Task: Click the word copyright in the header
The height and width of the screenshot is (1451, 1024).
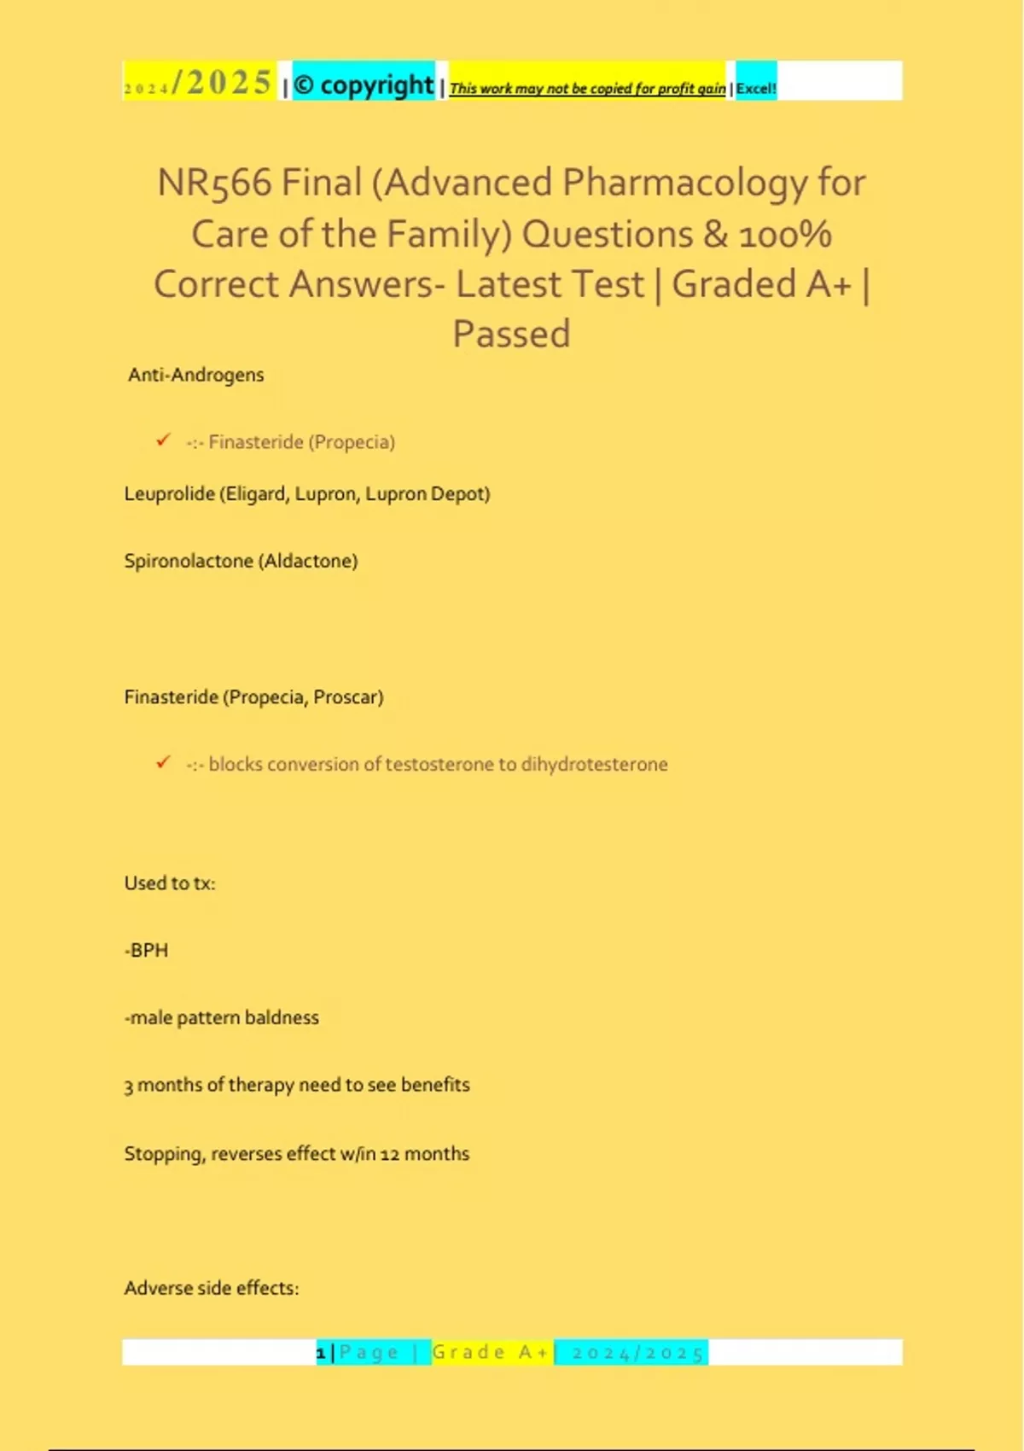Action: click(x=376, y=85)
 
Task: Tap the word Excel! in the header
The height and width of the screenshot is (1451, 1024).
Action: click(x=756, y=88)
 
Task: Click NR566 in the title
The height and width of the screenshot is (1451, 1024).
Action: click(x=214, y=184)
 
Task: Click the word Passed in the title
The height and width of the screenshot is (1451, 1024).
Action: click(x=511, y=334)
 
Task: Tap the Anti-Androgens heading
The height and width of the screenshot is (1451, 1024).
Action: click(x=195, y=375)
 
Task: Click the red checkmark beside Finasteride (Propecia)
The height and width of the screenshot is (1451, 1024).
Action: click(x=163, y=440)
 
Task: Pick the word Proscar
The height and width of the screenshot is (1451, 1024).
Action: click(x=347, y=697)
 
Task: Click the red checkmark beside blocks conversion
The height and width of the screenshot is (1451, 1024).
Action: click(x=163, y=762)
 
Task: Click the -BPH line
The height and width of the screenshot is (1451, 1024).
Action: click(x=147, y=951)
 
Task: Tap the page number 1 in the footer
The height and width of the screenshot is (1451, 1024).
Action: click(x=321, y=1353)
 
